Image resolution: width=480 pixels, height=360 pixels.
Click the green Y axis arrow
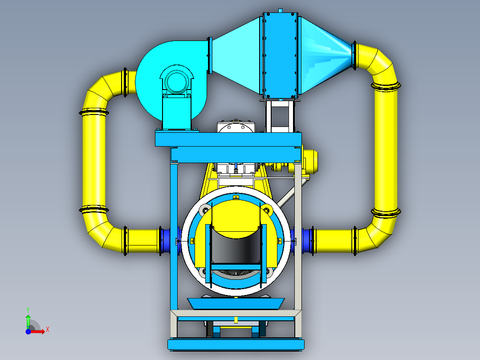coord(28,319)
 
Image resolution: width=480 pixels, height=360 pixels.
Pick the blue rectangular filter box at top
coord(280,55)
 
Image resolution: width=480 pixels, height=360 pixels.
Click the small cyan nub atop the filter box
coord(280,10)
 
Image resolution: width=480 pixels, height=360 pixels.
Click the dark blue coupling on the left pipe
coord(165,241)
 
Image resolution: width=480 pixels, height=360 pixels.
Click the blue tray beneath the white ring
coord(236,303)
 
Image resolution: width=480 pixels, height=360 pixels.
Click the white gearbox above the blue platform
coord(236,127)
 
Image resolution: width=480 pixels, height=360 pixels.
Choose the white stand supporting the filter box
coord(280,116)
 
